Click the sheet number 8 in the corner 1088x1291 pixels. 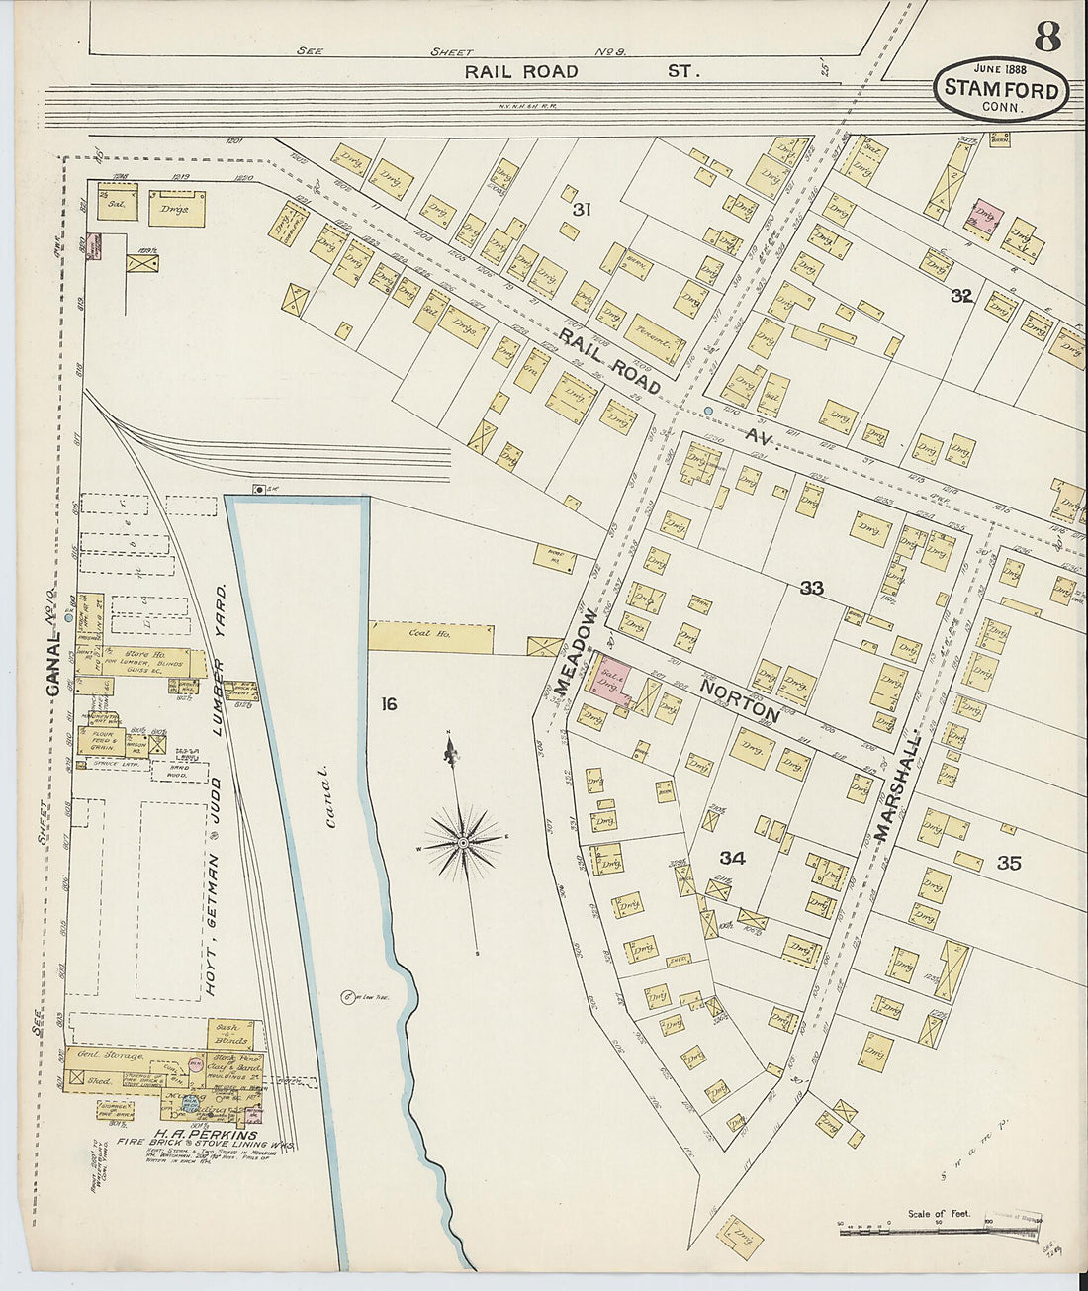pos(1047,37)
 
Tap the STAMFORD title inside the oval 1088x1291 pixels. pos(1001,88)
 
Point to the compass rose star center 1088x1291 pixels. pos(462,842)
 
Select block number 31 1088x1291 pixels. pos(582,209)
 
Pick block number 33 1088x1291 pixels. pos(811,589)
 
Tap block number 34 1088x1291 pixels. pos(732,857)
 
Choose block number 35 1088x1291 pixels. pos(1008,863)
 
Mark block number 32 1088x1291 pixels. pos(960,295)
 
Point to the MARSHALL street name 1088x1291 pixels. pos(897,787)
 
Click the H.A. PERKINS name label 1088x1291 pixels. pos(205,1135)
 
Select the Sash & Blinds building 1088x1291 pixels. pos(230,1033)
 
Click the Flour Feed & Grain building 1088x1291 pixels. pos(100,741)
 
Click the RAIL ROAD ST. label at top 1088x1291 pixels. pos(583,71)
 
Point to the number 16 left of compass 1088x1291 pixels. pos(389,703)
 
